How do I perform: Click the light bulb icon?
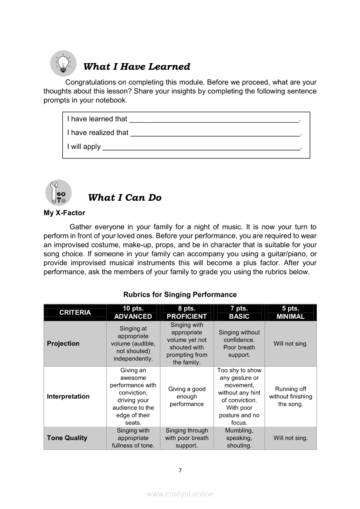pos(63,63)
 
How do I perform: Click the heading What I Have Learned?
pos(136,67)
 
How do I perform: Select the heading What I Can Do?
pos(125,198)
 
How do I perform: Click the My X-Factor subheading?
pos(65,213)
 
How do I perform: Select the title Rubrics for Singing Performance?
pos(180,295)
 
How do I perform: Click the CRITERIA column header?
pos(75,312)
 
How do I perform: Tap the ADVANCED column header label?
pos(133,317)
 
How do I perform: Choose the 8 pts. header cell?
pos(187,308)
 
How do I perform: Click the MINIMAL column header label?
pos(290,317)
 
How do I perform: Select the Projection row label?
pos(63,344)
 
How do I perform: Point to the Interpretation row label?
pos(68,396)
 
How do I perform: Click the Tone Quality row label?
pos(67,438)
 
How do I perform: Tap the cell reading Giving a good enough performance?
pos(187,397)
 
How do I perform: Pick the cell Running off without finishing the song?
pos(290,397)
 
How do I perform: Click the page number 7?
pos(180,470)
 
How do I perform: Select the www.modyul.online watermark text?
pos(180,494)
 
